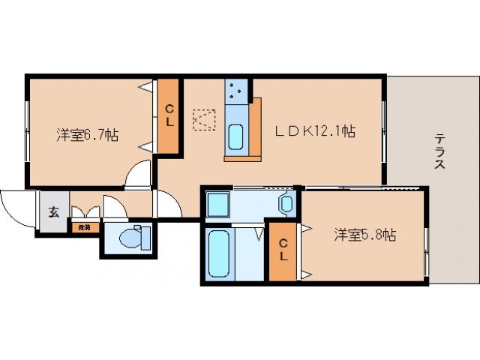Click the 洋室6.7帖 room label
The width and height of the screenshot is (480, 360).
coord(87,135)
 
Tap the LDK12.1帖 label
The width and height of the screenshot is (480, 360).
coord(314,131)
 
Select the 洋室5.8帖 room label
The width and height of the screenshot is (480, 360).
coord(364,235)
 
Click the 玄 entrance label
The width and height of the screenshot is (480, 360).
coord(54,211)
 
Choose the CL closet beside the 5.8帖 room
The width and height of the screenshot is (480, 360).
coord(283,250)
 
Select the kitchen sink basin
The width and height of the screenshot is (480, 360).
coord(235,136)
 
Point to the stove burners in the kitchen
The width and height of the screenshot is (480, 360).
coord(235,91)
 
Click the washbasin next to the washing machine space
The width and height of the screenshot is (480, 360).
coord(286,202)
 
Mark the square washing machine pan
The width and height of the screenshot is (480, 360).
coord(219,204)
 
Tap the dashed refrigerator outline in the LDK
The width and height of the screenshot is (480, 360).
coord(203,120)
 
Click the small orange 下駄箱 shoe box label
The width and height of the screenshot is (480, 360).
coord(83,226)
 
